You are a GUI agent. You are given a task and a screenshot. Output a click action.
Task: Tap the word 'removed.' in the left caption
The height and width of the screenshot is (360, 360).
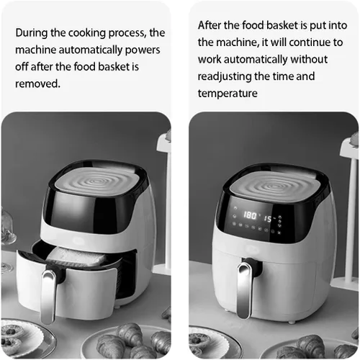[x=37, y=84]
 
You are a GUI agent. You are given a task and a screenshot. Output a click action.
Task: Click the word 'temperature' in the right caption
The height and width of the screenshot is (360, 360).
[x=228, y=94]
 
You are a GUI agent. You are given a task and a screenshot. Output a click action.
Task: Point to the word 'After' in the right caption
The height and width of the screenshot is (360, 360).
[x=207, y=25]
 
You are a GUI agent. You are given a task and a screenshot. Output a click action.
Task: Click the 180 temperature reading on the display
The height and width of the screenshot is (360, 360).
[x=250, y=215]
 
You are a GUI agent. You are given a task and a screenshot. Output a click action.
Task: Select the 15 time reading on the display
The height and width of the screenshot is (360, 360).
[x=268, y=219]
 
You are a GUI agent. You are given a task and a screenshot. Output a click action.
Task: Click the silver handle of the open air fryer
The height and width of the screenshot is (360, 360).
[x=49, y=297]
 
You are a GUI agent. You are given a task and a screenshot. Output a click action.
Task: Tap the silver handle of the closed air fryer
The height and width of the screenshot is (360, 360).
[x=245, y=290]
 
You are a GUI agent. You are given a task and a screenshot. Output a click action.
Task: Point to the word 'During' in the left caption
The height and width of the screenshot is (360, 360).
[x=31, y=33]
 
